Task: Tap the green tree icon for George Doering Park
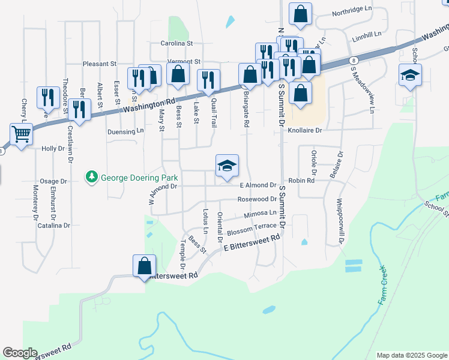pyautogui.click(x=92, y=177)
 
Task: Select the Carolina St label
pyautogui.click(x=176, y=43)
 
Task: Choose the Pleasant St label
pyautogui.click(x=100, y=63)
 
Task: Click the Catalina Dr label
pyautogui.click(x=54, y=226)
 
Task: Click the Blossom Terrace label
pyautogui.click(x=252, y=227)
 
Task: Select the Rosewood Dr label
pyautogui.click(x=256, y=199)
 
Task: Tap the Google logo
pyautogui.click(x=20, y=353)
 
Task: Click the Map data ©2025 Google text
pyautogui.click(x=411, y=355)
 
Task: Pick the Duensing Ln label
pyautogui.click(x=125, y=131)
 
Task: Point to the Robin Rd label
pyautogui.click(x=301, y=181)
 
